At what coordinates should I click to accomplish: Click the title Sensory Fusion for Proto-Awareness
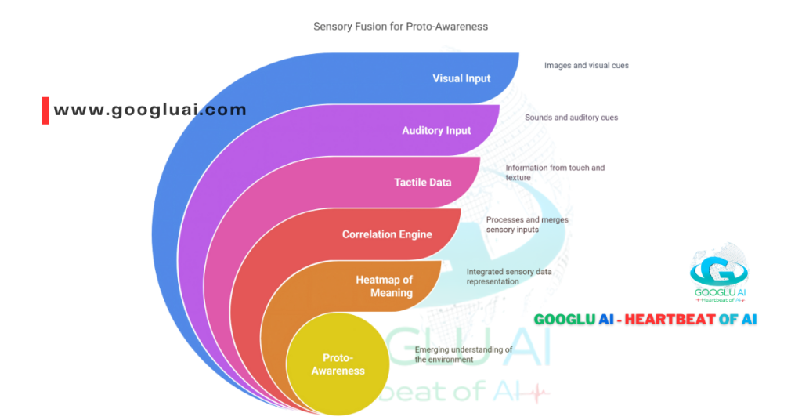400,26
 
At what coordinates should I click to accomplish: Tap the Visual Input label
461,78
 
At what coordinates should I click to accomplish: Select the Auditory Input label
436,130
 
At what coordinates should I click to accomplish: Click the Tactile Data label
422,183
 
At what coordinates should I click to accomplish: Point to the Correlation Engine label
387,234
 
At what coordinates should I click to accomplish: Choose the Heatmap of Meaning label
384,286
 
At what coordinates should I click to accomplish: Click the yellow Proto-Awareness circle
338,365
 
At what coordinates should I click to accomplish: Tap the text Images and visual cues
587,65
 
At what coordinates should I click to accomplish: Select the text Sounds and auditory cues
571,118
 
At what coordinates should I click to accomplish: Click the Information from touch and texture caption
555,172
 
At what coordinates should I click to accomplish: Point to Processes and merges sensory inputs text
527,225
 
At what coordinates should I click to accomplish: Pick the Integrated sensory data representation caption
508,276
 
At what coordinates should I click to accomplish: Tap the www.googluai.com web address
150,110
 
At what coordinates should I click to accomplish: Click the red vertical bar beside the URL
45,110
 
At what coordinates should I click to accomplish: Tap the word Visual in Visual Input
449,78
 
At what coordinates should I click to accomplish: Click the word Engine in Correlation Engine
415,234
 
